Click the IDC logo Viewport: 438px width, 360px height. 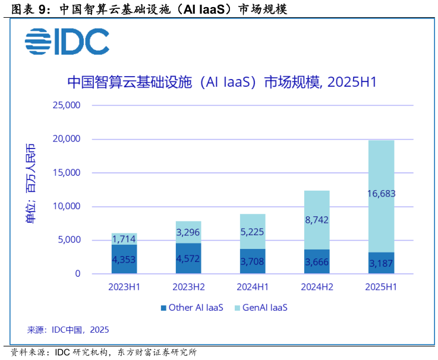tap(67, 41)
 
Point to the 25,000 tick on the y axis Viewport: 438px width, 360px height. tap(67, 106)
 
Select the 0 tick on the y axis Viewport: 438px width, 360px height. tap(77, 274)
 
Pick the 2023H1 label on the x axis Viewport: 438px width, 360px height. tap(124, 287)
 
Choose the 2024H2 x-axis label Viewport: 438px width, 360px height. tap(317, 287)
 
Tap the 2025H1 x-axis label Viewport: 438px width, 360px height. tap(381, 287)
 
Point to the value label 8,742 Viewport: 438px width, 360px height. tap(317, 220)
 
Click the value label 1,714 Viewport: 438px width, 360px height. tap(124, 239)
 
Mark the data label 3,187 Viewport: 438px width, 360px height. tap(381, 263)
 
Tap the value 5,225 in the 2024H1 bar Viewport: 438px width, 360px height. tap(253, 232)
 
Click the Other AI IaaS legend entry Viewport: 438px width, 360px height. tap(191, 308)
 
